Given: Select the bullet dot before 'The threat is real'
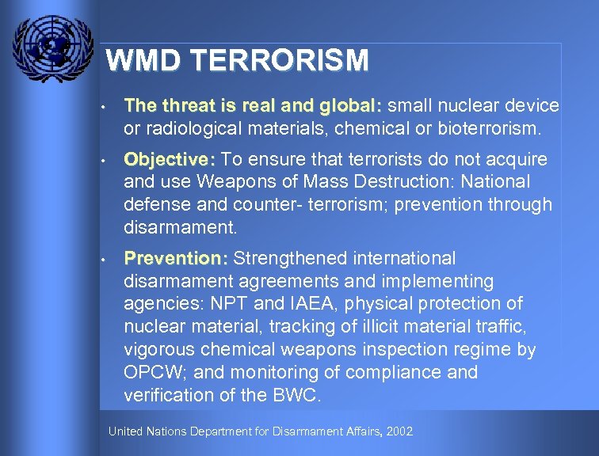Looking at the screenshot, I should coord(103,107).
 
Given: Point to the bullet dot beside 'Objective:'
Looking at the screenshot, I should coord(103,161).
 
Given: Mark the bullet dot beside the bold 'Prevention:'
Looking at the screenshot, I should coord(103,260).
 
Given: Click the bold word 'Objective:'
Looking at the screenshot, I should coord(170,160).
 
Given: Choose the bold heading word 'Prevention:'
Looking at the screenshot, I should coord(176,259).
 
